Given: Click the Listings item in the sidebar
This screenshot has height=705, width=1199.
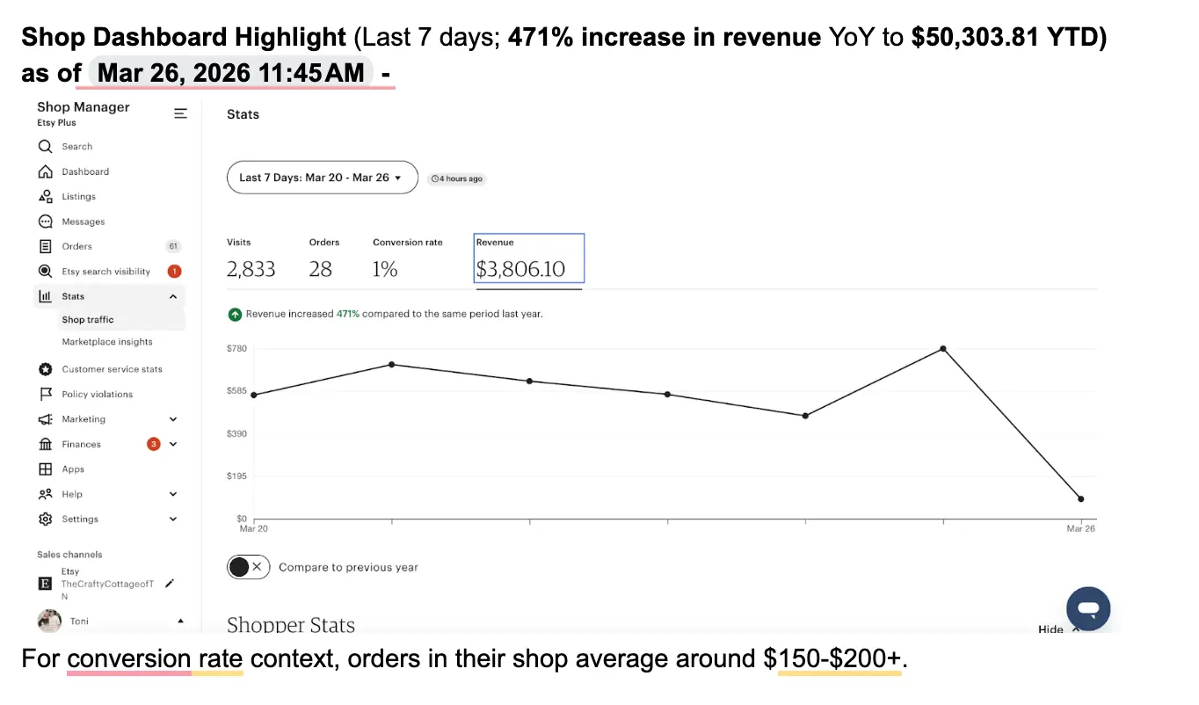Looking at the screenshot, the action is coord(78,196).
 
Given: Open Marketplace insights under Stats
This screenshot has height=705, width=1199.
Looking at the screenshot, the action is coord(107,342).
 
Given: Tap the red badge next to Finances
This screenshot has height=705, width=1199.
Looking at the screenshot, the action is coord(154,444).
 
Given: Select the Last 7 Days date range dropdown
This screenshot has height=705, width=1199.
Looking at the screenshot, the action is coord(323,178).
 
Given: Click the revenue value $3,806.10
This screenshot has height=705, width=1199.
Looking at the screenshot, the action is coord(520,269).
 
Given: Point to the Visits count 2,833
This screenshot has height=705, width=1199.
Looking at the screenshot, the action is coord(251,269).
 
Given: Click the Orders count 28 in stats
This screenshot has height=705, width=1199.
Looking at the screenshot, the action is coord(320,269).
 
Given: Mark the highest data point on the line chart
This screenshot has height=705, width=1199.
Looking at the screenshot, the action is coord(943,348).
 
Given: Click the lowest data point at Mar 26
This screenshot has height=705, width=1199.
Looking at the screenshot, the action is coord(1080,499).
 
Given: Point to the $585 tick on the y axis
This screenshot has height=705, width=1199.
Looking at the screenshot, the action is coord(236,391).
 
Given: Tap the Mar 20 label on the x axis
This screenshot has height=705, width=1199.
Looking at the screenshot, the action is coord(254,528).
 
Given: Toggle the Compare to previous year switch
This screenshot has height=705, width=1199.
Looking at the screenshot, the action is coord(249,567).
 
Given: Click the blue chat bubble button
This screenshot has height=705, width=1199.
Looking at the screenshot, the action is coord(1088,608).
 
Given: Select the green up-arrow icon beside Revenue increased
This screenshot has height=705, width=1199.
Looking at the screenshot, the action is coord(235,314).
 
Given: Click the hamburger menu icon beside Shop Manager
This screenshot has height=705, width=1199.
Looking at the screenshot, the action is coord(180,113).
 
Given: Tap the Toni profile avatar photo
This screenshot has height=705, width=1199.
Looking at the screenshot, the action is coord(49,621).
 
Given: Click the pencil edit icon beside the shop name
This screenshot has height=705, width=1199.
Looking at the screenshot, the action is coord(170,584).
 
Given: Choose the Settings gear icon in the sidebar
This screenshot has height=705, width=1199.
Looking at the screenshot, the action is coord(46,519).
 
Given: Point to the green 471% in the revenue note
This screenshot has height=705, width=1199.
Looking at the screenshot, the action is coord(348,314).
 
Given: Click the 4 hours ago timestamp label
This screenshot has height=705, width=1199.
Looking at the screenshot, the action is coord(456,178).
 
